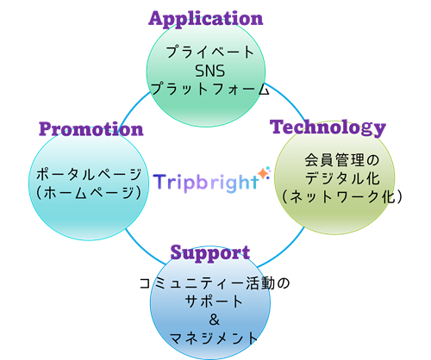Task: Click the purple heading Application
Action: pos(206,19)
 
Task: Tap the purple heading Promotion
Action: pos(91,129)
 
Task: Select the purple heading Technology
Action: pos(328,127)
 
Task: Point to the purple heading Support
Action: pos(210,252)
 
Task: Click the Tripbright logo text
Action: pos(206,183)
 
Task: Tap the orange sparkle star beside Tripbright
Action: pos(263,174)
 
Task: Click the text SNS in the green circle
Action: pos(210,71)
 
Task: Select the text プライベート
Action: pos(210,53)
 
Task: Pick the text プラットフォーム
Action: pos(210,89)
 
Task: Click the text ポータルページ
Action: pos(89,174)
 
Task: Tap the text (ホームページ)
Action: pos(89,193)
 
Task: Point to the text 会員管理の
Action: pos(342,160)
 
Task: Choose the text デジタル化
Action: pos(342,178)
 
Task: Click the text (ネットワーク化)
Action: pos(342,197)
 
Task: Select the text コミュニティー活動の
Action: pos(215,283)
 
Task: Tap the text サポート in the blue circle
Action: pos(214,301)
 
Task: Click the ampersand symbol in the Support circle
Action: pos(215,320)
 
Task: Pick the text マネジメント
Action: pos(214,338)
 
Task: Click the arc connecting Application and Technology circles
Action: pos(287,97)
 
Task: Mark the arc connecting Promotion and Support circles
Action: pos(142,249)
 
